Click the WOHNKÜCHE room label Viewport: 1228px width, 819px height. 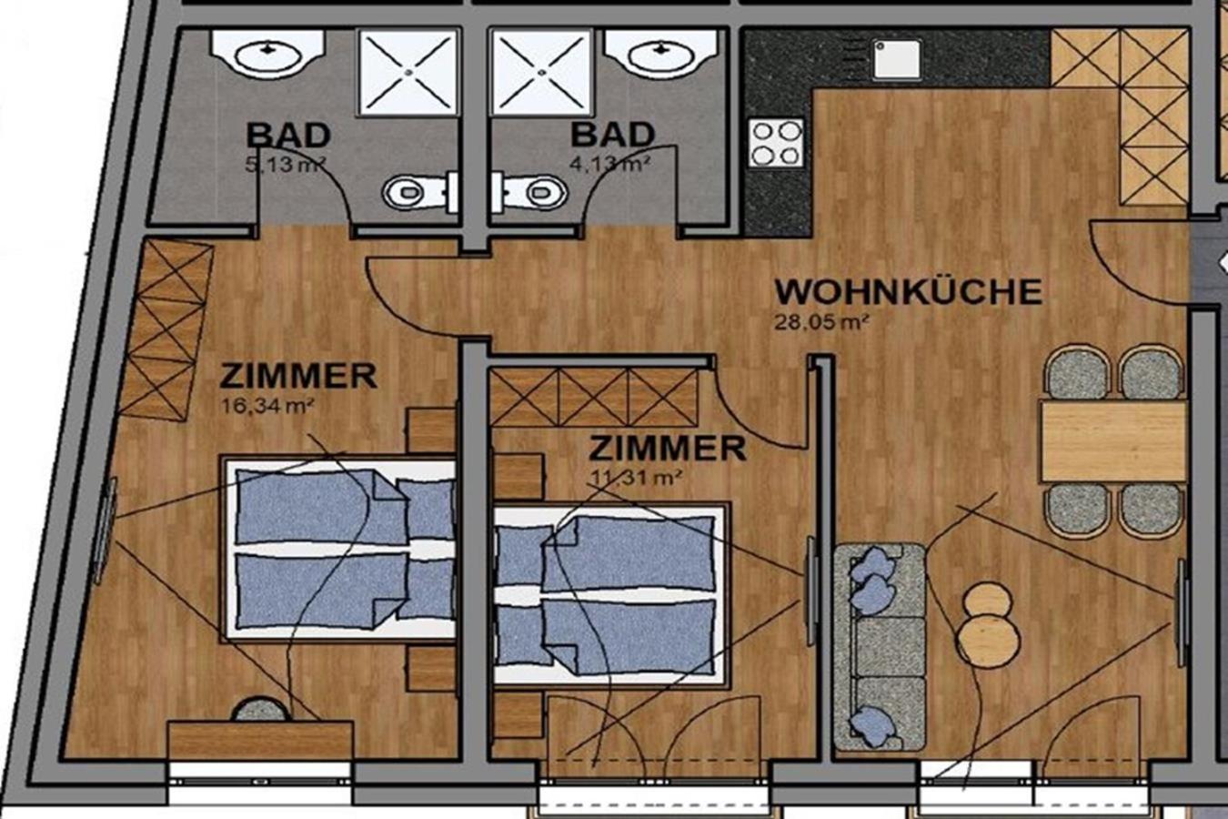click(908, 292)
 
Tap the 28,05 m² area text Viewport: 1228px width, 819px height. click(821, 322)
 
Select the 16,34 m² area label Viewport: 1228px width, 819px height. click(267, 406)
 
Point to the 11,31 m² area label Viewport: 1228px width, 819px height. click(636, 478)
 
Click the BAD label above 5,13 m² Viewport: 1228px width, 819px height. click(288, 135)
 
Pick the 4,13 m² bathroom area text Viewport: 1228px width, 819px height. click(610, 164)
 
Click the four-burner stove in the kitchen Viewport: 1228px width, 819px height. click(776, 143)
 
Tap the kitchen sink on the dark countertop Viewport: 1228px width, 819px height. click(896, 59)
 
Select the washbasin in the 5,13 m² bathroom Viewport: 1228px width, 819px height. click(268, 54)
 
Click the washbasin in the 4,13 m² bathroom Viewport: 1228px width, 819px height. click(661, 54)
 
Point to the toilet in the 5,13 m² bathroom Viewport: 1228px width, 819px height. click(419, 192)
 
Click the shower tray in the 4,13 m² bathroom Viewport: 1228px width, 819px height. click(541, 73)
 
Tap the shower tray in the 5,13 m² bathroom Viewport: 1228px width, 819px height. click(408, 73)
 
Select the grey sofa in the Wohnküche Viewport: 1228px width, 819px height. click(880, 647)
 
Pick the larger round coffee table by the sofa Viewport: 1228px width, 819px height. click(989, 641)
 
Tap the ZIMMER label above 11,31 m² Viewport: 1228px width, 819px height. click(667, 448)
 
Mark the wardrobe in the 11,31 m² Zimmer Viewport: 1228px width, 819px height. click(594, 397)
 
